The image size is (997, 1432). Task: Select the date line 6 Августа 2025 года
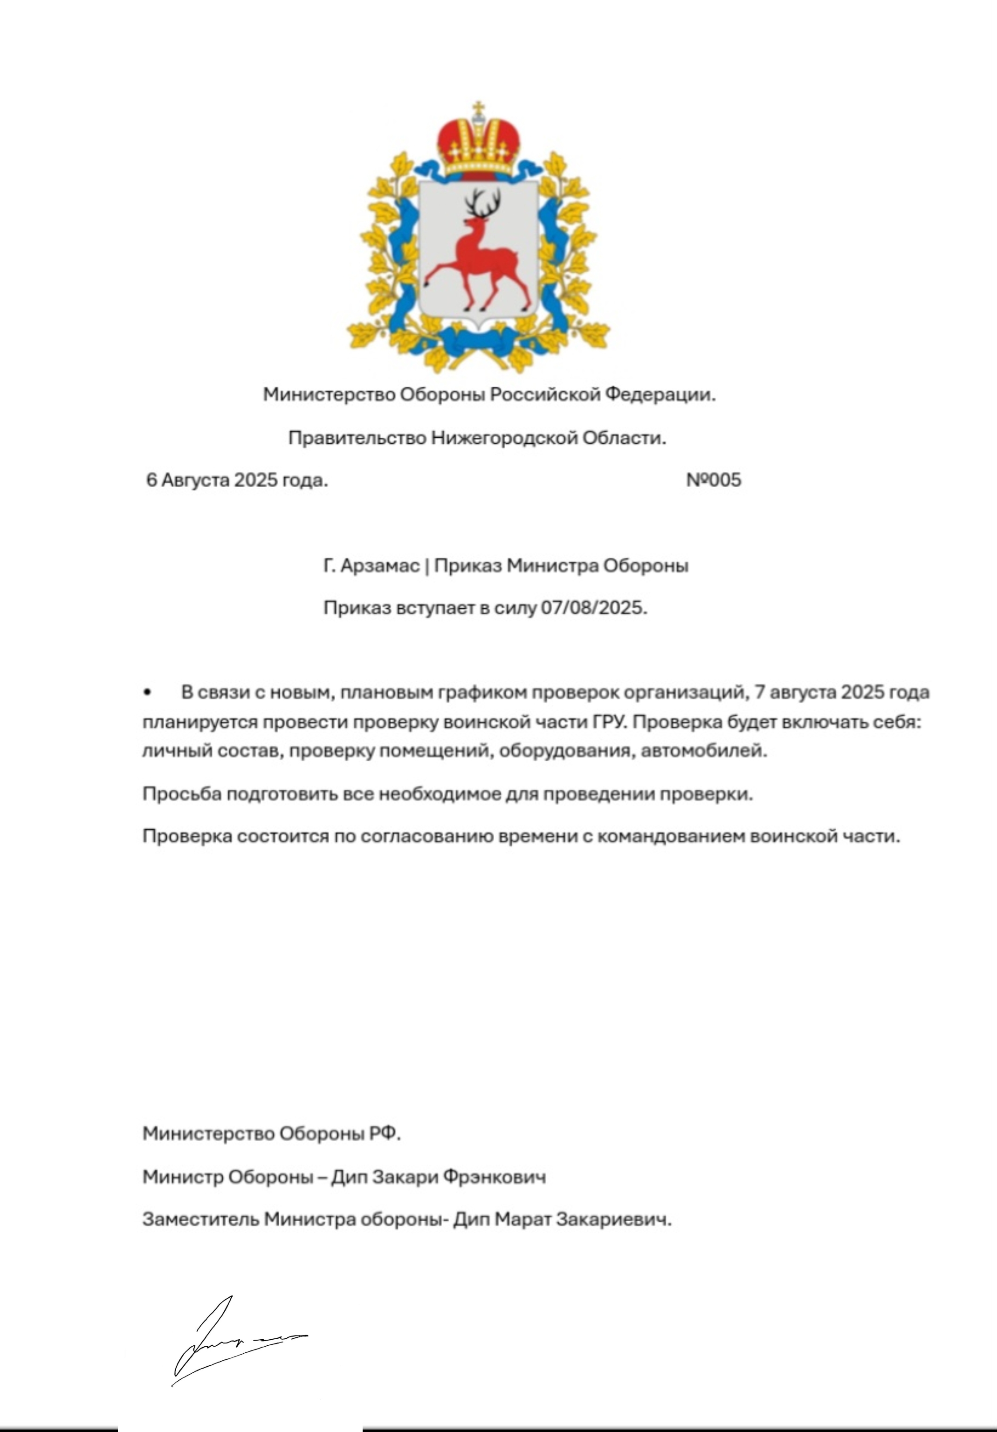tap(236, 480)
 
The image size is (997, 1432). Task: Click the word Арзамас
tap(380, 566)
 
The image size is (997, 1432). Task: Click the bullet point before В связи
tap(147, 692)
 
